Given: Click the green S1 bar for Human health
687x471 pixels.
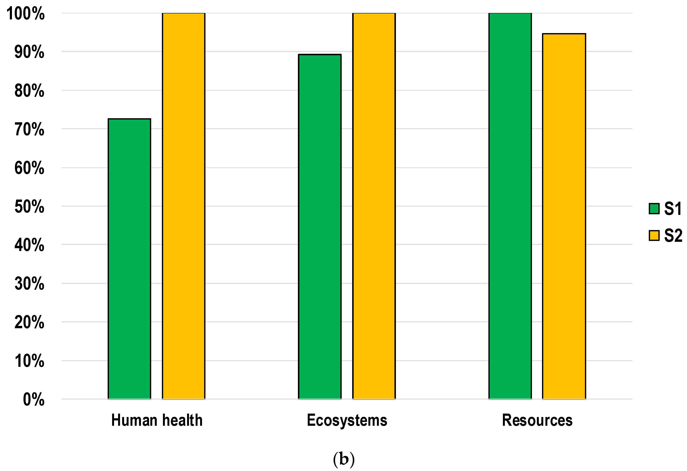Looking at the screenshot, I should (x=129, y=259).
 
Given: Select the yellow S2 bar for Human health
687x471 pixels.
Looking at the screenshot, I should (x=184, y=206).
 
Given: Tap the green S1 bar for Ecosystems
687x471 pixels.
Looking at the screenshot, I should (x=320, y=227).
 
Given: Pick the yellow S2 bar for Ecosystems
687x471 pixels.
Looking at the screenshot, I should (x=374, y=206).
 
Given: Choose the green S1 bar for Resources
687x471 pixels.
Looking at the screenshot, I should (x=510, y=206).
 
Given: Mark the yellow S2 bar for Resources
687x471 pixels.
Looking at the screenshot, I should (x=564, y=216).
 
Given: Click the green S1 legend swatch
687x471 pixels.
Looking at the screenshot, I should (x=654, y=209).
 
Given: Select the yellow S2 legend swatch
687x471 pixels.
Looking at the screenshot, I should (x=654, y=236).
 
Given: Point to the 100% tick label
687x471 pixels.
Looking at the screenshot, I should (x=26, y=14).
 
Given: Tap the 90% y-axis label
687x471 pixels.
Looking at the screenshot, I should (x=29, y=52).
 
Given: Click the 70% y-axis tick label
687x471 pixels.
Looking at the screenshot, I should (x=29, y=129).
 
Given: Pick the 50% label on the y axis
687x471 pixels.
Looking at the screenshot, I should (x=29, y=207).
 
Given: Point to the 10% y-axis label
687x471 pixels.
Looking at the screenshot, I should (x=29, y=361).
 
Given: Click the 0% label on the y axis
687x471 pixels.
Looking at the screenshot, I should (x=34, y=400).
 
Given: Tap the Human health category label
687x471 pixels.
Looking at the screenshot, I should (x=157, y=420).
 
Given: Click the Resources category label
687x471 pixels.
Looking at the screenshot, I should (x=537, y=420).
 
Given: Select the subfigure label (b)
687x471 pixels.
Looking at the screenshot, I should (x=343, y=459).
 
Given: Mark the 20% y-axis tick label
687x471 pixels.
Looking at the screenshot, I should (x=29, y=322).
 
